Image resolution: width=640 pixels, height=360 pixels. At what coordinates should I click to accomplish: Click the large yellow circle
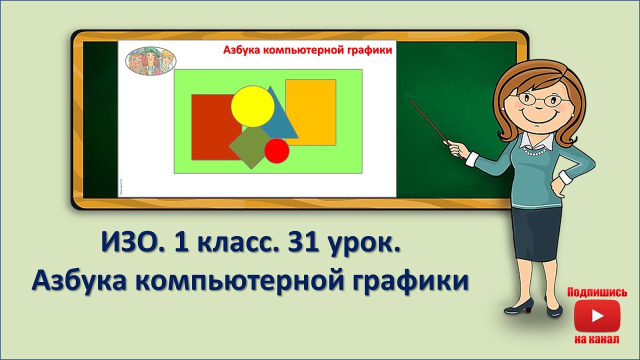coord(252,106)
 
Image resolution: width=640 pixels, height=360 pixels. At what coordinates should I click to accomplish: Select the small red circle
coord(276,150)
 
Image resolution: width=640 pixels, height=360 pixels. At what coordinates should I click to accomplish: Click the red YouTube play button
coord(597,316)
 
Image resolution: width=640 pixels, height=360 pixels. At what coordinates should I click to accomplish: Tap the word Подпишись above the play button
coord(597,292)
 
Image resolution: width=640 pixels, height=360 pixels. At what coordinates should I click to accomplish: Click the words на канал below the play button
coord(597,339)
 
